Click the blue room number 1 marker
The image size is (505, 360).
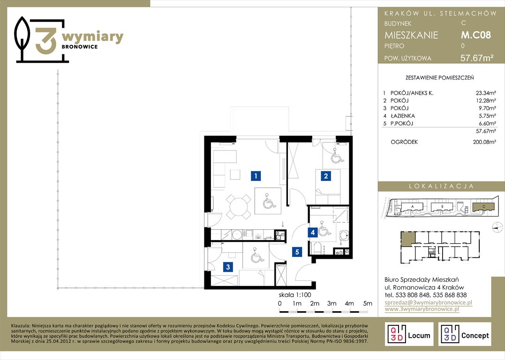tap(256, 176)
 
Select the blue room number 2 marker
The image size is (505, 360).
tap(326, 176)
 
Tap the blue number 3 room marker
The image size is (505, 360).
tap(228, 267)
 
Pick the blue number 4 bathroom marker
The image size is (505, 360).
tap(313, 232)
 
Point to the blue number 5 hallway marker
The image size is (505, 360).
tap(297, 252)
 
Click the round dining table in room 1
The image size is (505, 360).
tap(238, 206)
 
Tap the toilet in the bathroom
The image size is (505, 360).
tap(318, 248)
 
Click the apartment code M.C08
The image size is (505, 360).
tap(475, 35)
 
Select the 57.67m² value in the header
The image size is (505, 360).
tap(477, 58)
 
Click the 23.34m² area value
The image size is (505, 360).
tap(486, 93)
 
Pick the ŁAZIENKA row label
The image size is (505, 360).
tap(403, 116)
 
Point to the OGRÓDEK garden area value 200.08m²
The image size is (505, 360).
tap(484, 142)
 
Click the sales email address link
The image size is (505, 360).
tap(429, 302)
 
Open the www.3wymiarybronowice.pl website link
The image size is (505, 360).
tap(422, 309)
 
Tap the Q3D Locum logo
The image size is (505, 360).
tap(409, 334)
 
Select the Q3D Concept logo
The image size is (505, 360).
tap(465, 334)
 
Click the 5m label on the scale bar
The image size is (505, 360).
tap(368, 303)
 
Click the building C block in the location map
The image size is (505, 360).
tap(483, 207)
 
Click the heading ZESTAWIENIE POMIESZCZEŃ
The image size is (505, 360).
tap(440, 78)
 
